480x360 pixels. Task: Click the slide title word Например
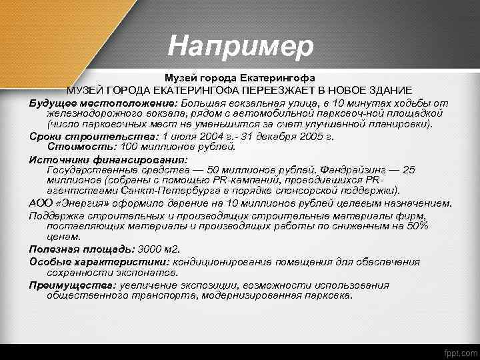240,47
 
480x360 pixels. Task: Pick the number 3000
151,249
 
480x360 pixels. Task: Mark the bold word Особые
49,262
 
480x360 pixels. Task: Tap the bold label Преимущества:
71,285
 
